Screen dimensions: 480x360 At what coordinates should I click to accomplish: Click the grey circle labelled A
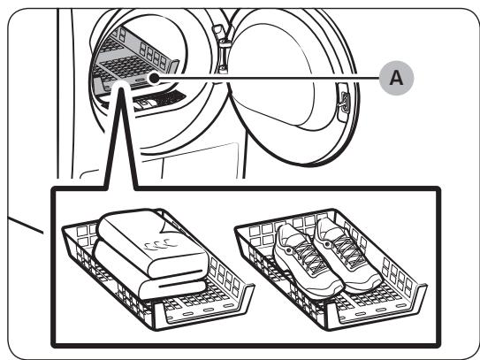(396, 78)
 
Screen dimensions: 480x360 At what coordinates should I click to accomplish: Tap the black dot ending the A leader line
(155, 79)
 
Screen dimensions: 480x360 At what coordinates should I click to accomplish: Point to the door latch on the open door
(344, 102)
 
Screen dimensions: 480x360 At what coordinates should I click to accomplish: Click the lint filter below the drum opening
(159, 100)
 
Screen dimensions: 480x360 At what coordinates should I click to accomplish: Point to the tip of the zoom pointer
(121, 88)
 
